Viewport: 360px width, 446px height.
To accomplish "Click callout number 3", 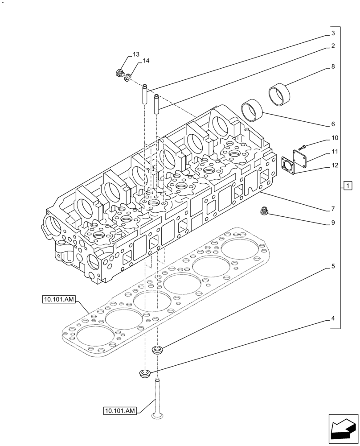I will coord(332,33).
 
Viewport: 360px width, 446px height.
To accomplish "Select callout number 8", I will coord(332,66).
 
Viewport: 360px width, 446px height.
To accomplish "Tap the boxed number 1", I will coord(348,186).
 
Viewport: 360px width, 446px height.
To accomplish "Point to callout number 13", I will coord(135,55).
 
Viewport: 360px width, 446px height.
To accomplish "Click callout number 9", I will coord(332,222).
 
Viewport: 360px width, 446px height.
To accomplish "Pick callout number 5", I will coord(332,267).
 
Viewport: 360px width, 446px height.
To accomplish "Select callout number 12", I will coord(335,165).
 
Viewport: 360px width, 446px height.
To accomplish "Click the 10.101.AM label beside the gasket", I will coord(60,300).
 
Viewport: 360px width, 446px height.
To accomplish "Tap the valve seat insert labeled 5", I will coord(157,350).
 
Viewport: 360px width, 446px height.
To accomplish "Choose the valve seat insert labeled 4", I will coord(145,373).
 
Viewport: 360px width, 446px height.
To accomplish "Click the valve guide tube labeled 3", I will coord(145,93).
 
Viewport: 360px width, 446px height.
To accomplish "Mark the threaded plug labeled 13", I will coord(119,73).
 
